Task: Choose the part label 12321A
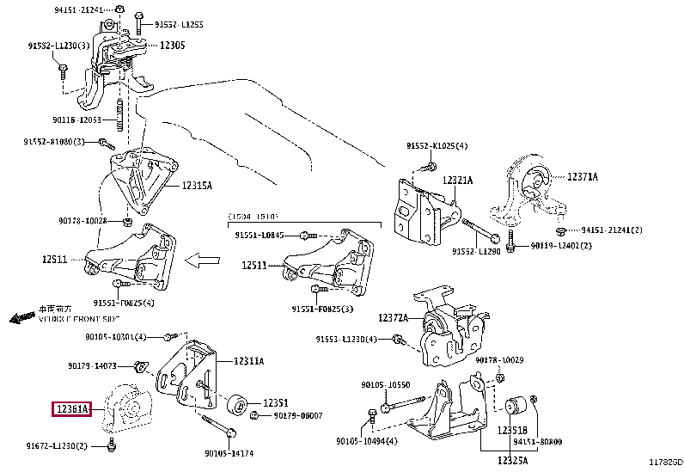[458, 180]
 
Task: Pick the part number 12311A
[247, 361]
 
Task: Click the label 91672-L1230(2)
[56, 445]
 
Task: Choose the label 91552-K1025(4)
[437, 146]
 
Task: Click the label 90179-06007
[297, 415]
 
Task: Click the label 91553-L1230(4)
[345, 340]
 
